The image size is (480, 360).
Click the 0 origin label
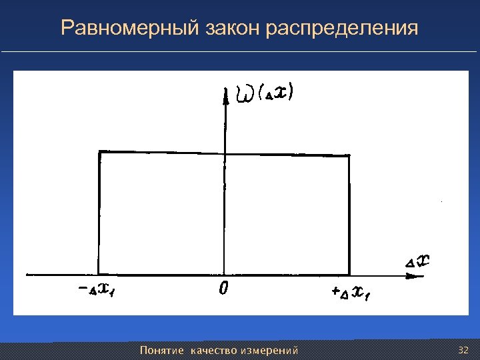click(224, 289)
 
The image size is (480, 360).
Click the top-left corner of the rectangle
click(99, 152)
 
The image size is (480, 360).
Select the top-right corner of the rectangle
click(349, 157)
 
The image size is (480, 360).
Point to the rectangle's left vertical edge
click(99, 213)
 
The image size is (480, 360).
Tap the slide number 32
click(464, 351)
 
